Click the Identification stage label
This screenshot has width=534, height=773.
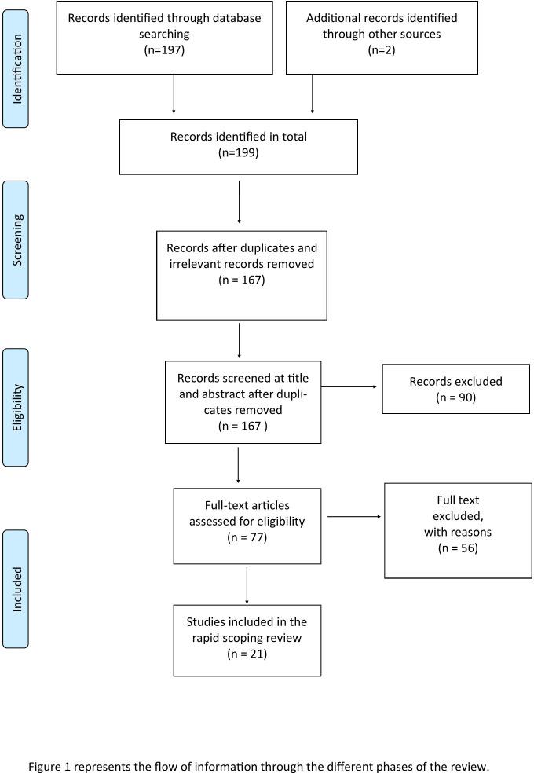point(16,68)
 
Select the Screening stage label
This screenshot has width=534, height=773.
point(16,240)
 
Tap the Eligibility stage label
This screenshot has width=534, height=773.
point(16,408)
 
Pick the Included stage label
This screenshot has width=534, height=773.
point(16,588)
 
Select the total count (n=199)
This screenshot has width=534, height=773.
point(238,152)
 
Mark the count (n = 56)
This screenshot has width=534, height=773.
point(447,548)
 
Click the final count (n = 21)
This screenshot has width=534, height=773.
point(247,654)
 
